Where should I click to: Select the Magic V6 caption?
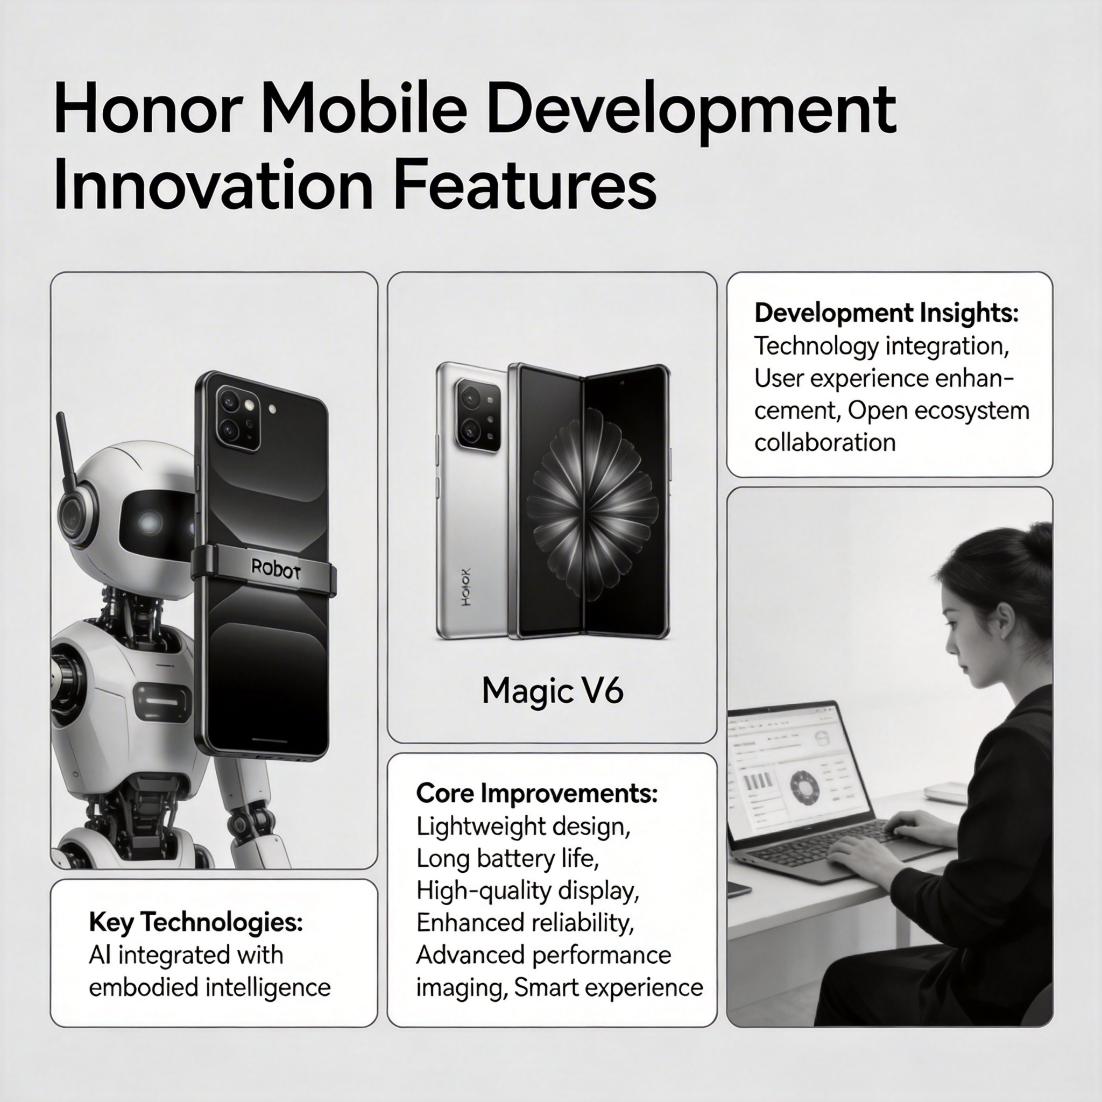pos(552,691)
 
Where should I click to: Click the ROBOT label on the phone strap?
pos(275,568)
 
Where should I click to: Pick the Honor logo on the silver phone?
pos(466,587)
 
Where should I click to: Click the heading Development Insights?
pos(886,313)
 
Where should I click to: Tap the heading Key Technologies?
pos(196,922)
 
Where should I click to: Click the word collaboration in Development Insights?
pos(825,443)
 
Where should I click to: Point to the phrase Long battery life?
pos(507,858)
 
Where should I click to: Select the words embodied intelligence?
pos(210,987)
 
